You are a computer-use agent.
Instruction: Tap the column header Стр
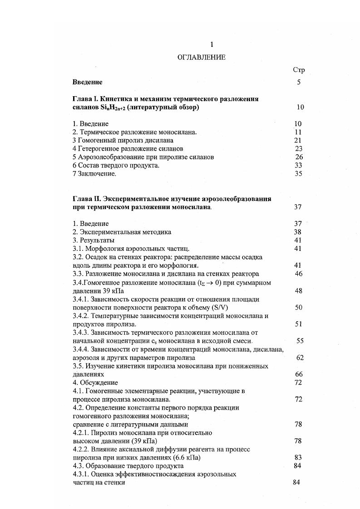coord(299,70)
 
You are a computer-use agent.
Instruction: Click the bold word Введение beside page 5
coord(87,82)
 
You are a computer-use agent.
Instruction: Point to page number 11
coord(298,132)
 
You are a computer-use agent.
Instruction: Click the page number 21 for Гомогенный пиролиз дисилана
coord(298,140)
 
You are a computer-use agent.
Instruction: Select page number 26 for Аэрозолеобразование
coord(298,157)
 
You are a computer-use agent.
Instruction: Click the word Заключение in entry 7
coord(97,174)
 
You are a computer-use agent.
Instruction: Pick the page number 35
coord(298,173)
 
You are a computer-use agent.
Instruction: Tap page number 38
coord(298,232)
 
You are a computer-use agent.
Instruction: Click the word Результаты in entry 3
coord(97,240)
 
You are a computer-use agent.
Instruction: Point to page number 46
coord(298,274)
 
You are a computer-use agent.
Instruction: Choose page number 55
coord(300,341)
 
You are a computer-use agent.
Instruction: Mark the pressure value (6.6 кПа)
coord(179,458)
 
